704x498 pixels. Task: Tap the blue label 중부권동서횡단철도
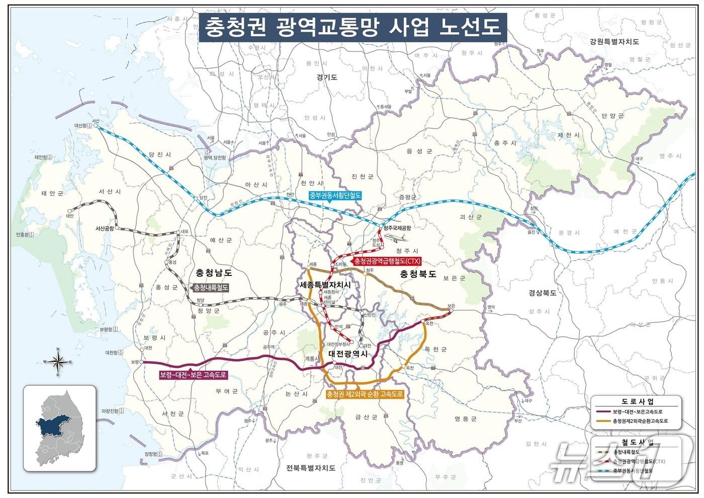pos(335,196)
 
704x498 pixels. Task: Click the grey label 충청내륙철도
pos(210,288)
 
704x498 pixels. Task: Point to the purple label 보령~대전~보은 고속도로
pos(193,375)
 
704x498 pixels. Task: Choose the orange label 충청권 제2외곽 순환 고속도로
pos(365,394)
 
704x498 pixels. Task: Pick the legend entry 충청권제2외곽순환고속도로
pos(640,421)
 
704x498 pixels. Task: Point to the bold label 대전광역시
pos(348,354)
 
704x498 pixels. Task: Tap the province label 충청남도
pos(214,273)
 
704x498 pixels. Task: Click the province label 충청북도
pos(418,274)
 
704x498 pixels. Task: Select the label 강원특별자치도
pos(614,41)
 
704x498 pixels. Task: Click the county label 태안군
pos(52,193)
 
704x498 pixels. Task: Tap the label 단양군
pos(612,115)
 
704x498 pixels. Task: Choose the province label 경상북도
pos(542,293)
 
